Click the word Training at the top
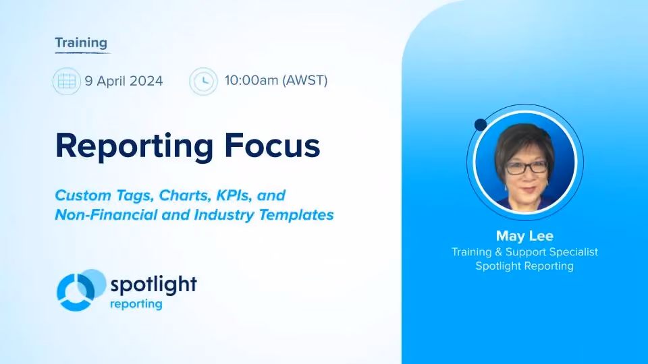pyautogui.click(x=81, y=43)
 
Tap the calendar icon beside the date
pyautogui.click(x=67, y=82)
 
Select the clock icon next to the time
pyautogui.click(x=203, y=82)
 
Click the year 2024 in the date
pyautogui.click(x=146, y=81)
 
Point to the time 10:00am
pyautogui.click(x=251, y=80)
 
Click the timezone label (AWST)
pyautogui.click(x=305, y=80)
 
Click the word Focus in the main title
pyautogui.click(x=272, y=146)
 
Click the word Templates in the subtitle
pyautogui.click(x=296, y=215)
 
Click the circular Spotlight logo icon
pyautogui.click(x=80, y=290)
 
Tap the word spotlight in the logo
pyautogui.click(x=154, y=284)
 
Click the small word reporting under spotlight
pyautogui.click(x=136, y=305)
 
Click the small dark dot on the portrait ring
pyautogui.click(x=481, y=125)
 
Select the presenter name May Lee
pyautogui.click(x=524, y=236)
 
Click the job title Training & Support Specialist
pyautogui.click(x=524, y=251)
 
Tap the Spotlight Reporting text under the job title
pyautogui.click(x=524, y=266)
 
